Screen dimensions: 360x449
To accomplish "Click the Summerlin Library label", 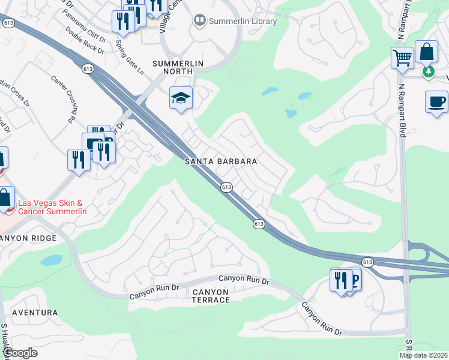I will (x=243, y=22).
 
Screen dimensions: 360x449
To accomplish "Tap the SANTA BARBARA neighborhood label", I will (x=221, y=162).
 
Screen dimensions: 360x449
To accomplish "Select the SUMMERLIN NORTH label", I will (x=178, y=64).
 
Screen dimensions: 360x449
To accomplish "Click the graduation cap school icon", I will (x=181, y=97).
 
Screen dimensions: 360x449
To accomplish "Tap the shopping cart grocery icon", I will (x=402, y=58).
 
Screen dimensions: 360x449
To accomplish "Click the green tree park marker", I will (x=428, y=72).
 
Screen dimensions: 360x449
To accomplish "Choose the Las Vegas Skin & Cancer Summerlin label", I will (x=53, y=208).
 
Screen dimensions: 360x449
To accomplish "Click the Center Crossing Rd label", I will (x=65, y=99).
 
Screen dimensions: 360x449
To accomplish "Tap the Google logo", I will (x=20, y=353).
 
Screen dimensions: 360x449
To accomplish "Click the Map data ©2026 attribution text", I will (x=424, y=355).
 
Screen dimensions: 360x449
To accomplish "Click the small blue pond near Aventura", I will (x=50, y=260).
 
